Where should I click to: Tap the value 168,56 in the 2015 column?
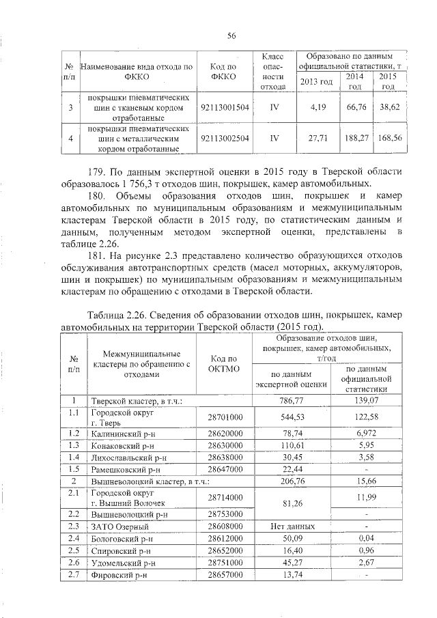pyautogui.click(x=389, y=137)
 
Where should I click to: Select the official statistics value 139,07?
pyautogui.click(x=366, y=401)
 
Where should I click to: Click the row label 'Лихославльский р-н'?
pyautogui.click(x=124, y=457)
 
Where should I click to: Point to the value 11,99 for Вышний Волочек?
pyautogui.click(x=366, y=498)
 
